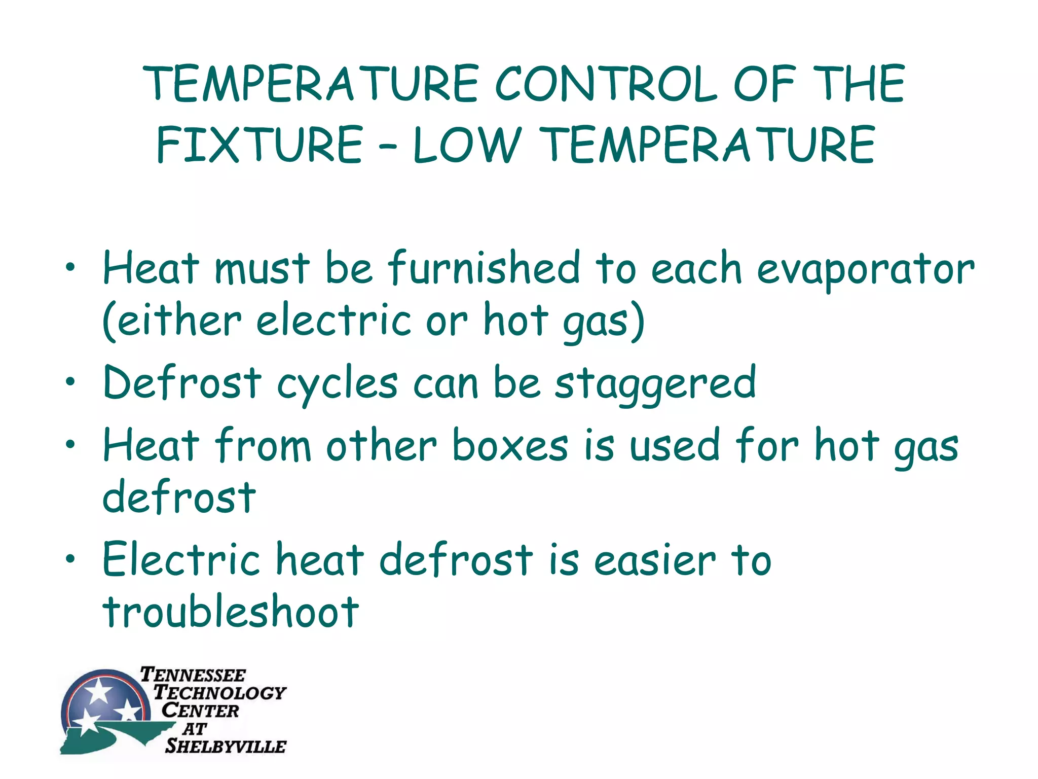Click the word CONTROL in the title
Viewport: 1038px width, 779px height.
pos(606,84)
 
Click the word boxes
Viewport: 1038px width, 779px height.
pos(510,446)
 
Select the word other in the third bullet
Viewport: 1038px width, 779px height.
pos(381,446)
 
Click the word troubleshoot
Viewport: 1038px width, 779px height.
pos(231,611)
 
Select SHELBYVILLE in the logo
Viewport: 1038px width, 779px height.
pos(225,746)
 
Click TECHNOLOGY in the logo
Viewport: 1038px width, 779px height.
pos(219,692)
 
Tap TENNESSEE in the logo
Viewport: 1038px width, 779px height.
pos(193,675)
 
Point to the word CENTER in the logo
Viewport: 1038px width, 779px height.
pos(200,711)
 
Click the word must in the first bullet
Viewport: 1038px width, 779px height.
pos(262,268)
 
